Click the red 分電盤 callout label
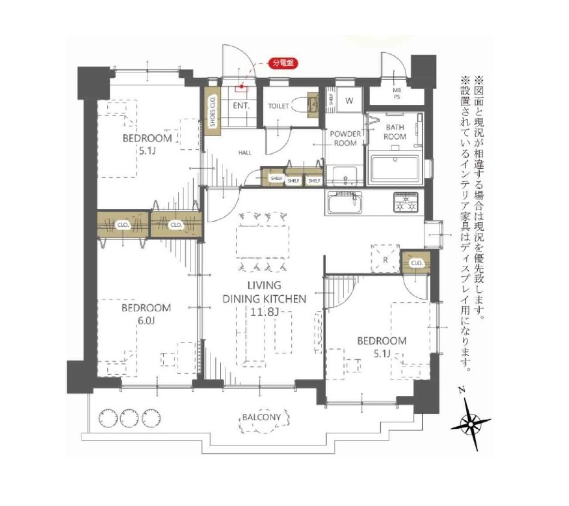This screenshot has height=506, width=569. coord(282,63)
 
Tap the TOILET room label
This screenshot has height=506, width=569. coord(278,106)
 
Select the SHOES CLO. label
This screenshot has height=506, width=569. coord(213,111)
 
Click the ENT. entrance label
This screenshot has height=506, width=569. coord(241,106)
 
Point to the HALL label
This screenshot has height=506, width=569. coord(245,153)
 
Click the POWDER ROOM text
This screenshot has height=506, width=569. coord(345,138)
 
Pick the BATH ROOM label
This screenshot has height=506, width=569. coord(395,132)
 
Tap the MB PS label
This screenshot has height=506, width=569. coord(397,93)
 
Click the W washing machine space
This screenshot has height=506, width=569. coord(350,101)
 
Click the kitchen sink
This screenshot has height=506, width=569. coord(345,203)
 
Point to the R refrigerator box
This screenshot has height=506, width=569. coord(386,259)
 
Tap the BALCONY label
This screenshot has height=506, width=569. coord(261,417)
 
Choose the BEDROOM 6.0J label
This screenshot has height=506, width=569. coord(146,314)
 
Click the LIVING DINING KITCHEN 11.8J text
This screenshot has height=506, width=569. coord(264,299)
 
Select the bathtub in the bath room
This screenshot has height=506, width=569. coord(395,169)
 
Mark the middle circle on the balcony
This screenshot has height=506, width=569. coord(129,418)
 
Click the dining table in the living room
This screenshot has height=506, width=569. coord(263,242)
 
